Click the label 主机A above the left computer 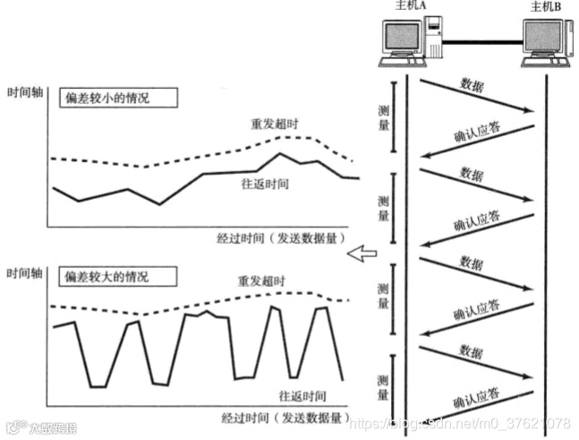pos(407,7)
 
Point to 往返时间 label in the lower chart pos(301,395)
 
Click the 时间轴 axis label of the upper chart pos(24,92)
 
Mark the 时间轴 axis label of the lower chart pos(24,271)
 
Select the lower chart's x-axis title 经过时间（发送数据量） pos(285,417)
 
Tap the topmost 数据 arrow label pos(473,85)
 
